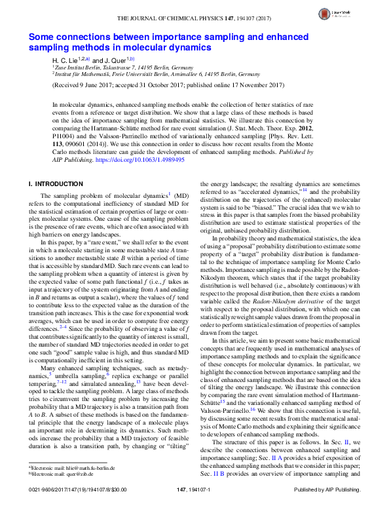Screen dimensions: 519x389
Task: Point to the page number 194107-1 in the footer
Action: click(x=194, y=508)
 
